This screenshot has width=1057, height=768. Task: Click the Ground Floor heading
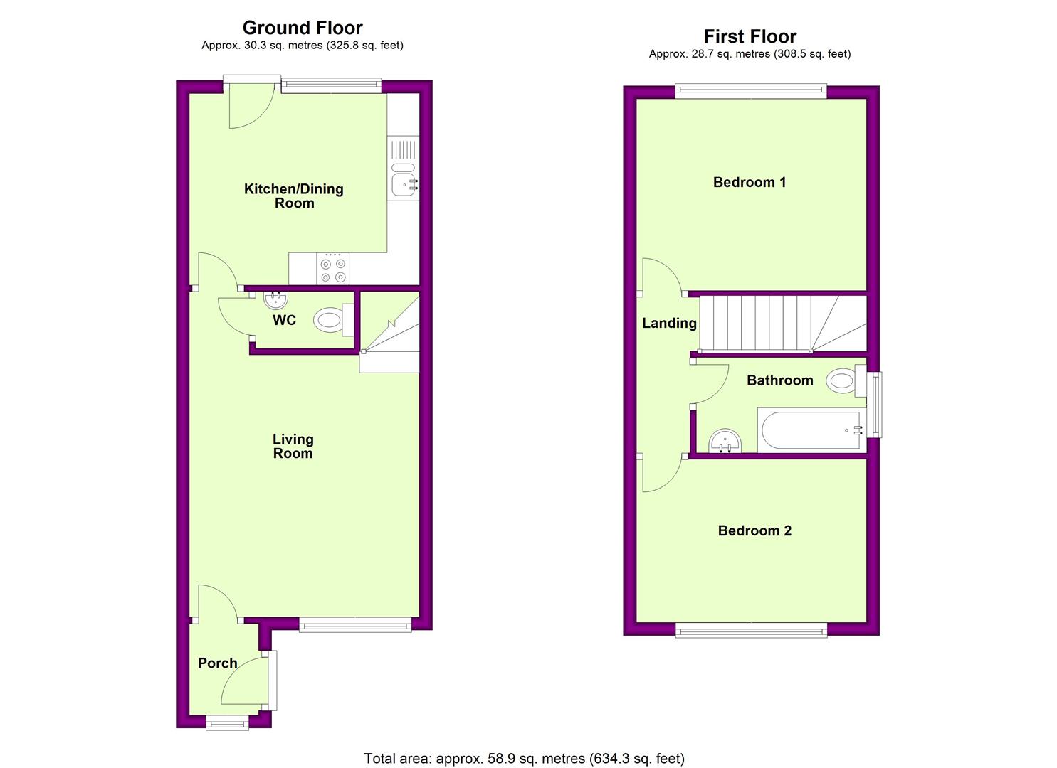(303, 28)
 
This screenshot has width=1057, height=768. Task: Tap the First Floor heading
(750, 36)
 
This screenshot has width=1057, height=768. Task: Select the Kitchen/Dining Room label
(293, 196)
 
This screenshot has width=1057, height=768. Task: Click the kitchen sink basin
(403, 184)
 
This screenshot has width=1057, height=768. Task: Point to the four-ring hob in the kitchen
(332, 269)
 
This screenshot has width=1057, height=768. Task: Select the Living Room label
(293, 446)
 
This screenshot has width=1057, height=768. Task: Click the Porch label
(218, 663)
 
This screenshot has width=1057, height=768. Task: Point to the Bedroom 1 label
(750, 182)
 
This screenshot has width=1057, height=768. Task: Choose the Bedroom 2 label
(754, 530)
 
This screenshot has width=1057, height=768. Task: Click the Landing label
(669, 323)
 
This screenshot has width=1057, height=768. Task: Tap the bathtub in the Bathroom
(811, 430)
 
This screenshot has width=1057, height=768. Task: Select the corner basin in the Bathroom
(725, 442)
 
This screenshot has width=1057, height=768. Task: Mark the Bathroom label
(780, 380)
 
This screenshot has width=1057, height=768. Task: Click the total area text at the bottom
(524, 759)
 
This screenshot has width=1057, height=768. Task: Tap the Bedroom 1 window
(751, 90)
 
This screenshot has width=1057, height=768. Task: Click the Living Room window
(355, 625)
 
